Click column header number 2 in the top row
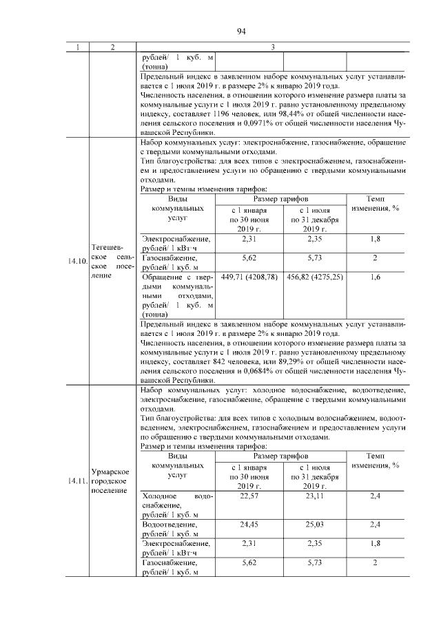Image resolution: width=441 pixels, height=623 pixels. [x=112, y=47]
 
